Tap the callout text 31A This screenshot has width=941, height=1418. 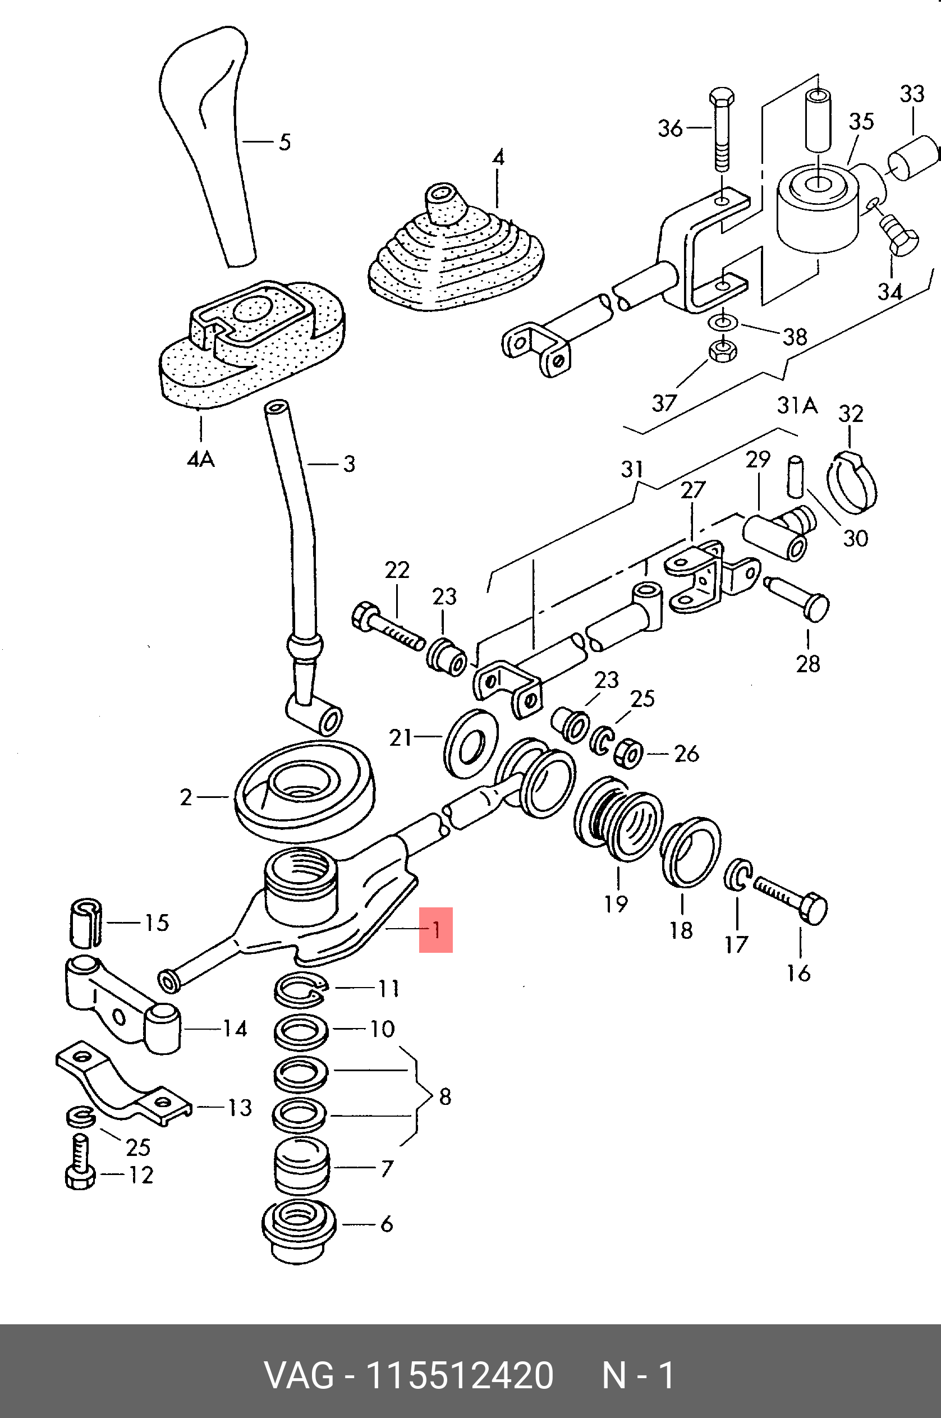[797, 406]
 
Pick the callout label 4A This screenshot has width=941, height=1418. [200, 459]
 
